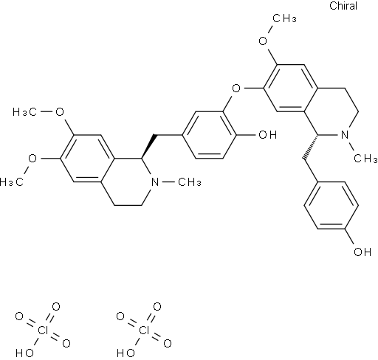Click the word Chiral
click(343, 6)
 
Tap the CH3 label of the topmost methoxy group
click(284, 18)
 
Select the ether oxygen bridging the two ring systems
click(236, 88)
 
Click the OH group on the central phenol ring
click(267, 134)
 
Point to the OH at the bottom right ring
click(362, 252)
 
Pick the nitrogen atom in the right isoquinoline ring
click(346, 135)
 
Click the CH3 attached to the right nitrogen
click(365, 159)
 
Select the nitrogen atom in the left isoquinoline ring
click(155, 182)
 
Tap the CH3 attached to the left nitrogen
click(190, 182)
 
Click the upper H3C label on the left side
click(24, 112)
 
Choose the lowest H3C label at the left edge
click(12, 182)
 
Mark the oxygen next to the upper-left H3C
click(60, 112)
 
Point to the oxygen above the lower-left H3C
click(32, 159)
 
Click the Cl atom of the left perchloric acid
click(43, 330)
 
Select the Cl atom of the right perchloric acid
click(144, 330)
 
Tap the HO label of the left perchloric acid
click(24, 353)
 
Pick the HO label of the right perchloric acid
click(126, 353)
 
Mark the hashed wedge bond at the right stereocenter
click(311, 147)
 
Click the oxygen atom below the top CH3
click(263, 41)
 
